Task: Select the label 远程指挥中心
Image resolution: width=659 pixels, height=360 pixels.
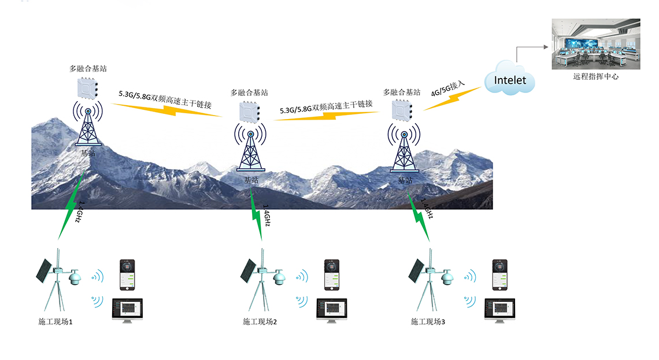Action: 595,76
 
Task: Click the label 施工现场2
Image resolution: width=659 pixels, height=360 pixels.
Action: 260,321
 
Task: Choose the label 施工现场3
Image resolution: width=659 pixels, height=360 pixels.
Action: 428,321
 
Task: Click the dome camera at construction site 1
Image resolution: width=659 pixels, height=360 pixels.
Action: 75,280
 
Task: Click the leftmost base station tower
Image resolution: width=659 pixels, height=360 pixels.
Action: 88,126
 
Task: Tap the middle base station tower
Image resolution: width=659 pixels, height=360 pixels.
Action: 250,151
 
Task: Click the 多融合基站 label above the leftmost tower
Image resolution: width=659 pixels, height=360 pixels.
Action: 87,69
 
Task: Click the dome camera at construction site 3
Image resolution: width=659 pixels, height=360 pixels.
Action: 446,280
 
